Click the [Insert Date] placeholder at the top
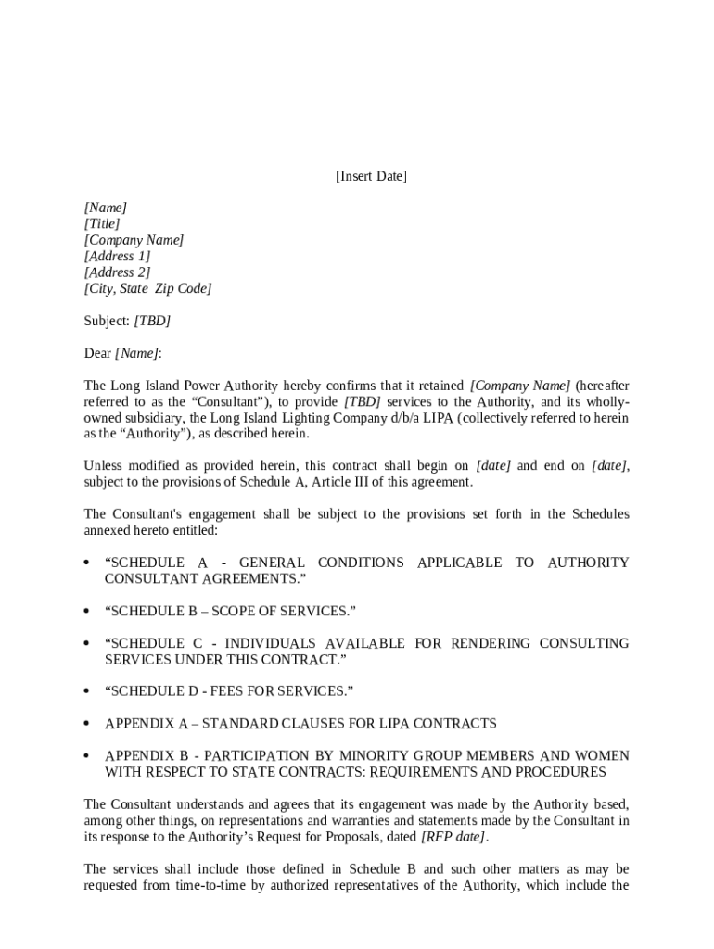(x=371, y=176)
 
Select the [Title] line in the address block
(x=102, y=224)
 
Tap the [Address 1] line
(x=117, y=257)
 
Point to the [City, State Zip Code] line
(x=147, y=289)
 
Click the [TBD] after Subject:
(x=152, y=322)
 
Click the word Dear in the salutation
(x=97, y=354)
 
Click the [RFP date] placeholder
(x=453, y=838)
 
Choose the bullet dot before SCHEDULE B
(x=86, y=612)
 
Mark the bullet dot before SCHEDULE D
(x=86, y=691)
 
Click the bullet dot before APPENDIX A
(x=86, y=724)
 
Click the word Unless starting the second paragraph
(x=103, y=466)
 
